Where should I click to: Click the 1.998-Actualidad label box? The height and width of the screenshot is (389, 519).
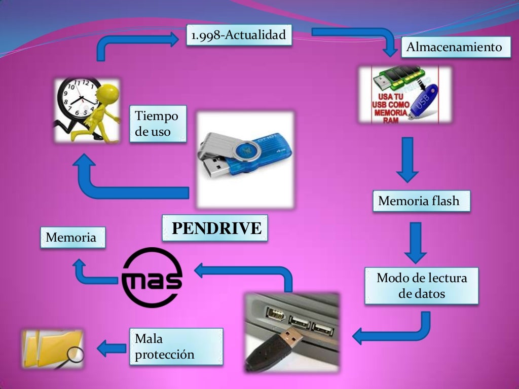click(239, 35)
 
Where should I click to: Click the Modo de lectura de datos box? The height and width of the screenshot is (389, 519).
click(421, 286)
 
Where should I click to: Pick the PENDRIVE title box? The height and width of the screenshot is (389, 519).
click(215, 228)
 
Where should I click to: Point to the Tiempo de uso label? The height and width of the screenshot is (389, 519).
click(157, 124)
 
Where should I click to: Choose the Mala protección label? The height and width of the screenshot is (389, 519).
click(176, 347)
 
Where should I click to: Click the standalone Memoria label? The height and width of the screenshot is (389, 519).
click(71, 238)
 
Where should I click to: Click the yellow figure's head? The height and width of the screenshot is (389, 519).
click(108, 94)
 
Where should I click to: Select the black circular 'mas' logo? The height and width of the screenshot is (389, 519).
click(152, 278)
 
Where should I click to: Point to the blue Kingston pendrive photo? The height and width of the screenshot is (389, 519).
click(245, 159)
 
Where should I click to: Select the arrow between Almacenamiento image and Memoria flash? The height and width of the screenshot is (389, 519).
click(407, 159)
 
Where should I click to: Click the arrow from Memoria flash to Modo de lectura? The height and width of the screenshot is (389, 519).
click(416, 242)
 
